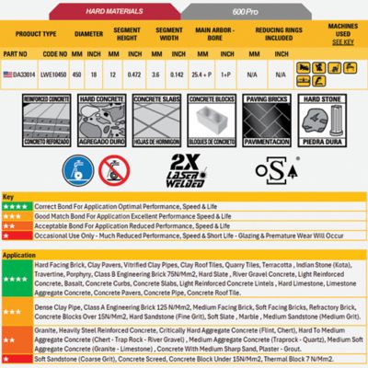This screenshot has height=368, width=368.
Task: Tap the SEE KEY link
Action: [341, 41]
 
